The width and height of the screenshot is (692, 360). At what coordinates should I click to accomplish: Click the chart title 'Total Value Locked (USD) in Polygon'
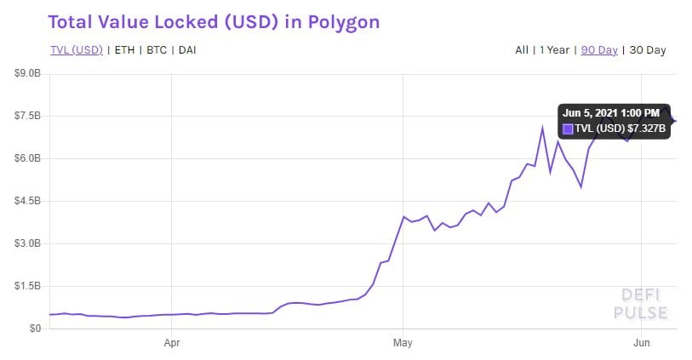(214, 21)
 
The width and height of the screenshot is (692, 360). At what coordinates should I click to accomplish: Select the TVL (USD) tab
(76, 49)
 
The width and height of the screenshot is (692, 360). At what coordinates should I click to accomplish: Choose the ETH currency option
(123, 49)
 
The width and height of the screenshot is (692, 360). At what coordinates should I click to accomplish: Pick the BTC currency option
(157, 49)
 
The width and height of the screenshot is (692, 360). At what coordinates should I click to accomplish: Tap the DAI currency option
(188, 49)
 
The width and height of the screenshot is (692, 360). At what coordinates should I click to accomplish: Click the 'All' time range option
(522, 49)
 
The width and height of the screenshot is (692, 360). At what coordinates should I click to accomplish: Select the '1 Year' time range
(555, 49)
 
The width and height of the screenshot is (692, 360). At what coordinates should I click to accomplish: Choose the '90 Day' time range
(599, 49)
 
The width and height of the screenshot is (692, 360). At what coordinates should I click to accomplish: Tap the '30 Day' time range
(647, 49)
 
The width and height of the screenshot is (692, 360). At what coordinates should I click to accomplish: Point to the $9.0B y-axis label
(27, 74)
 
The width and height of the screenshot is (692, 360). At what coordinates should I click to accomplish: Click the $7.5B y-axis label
(27, 116)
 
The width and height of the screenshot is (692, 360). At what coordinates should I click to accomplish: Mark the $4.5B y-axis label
(27, 201)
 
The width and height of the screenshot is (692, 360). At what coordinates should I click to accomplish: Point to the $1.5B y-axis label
(27, 286)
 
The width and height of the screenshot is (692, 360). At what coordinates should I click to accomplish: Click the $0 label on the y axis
(34, 329)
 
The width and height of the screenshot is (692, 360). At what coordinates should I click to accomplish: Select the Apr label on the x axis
(172, 344)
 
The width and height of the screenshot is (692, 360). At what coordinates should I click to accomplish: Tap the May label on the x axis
(403, 344)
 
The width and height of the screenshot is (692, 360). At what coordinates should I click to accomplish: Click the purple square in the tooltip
(569, 129)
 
